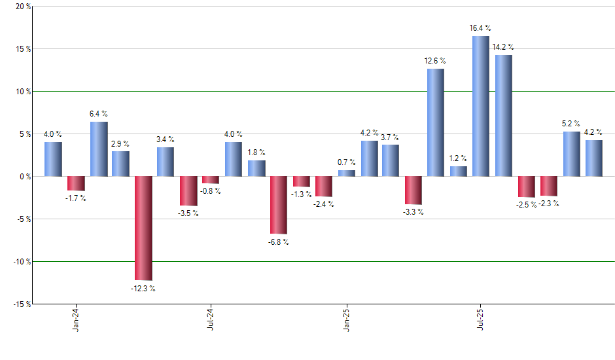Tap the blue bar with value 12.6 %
[x=436, y=122]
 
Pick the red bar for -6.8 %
[x=278, y=205]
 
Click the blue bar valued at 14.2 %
[x=504, y=115]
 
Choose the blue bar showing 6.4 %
[x=99, y=149]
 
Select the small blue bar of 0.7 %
[x=347, y=173]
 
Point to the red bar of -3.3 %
[x=413, y=190]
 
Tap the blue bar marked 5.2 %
[x=571, y=154]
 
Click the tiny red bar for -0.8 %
[x=211, y=180]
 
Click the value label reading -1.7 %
[x=76, y=198]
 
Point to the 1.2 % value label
[x=458, y=158]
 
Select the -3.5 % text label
[x=188, y=213]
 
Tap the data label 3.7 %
[x=391, y=137]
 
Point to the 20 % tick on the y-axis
[x=23, y=7]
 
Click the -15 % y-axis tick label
[x=22, y=304]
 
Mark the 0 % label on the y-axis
[x=25, y=177]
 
